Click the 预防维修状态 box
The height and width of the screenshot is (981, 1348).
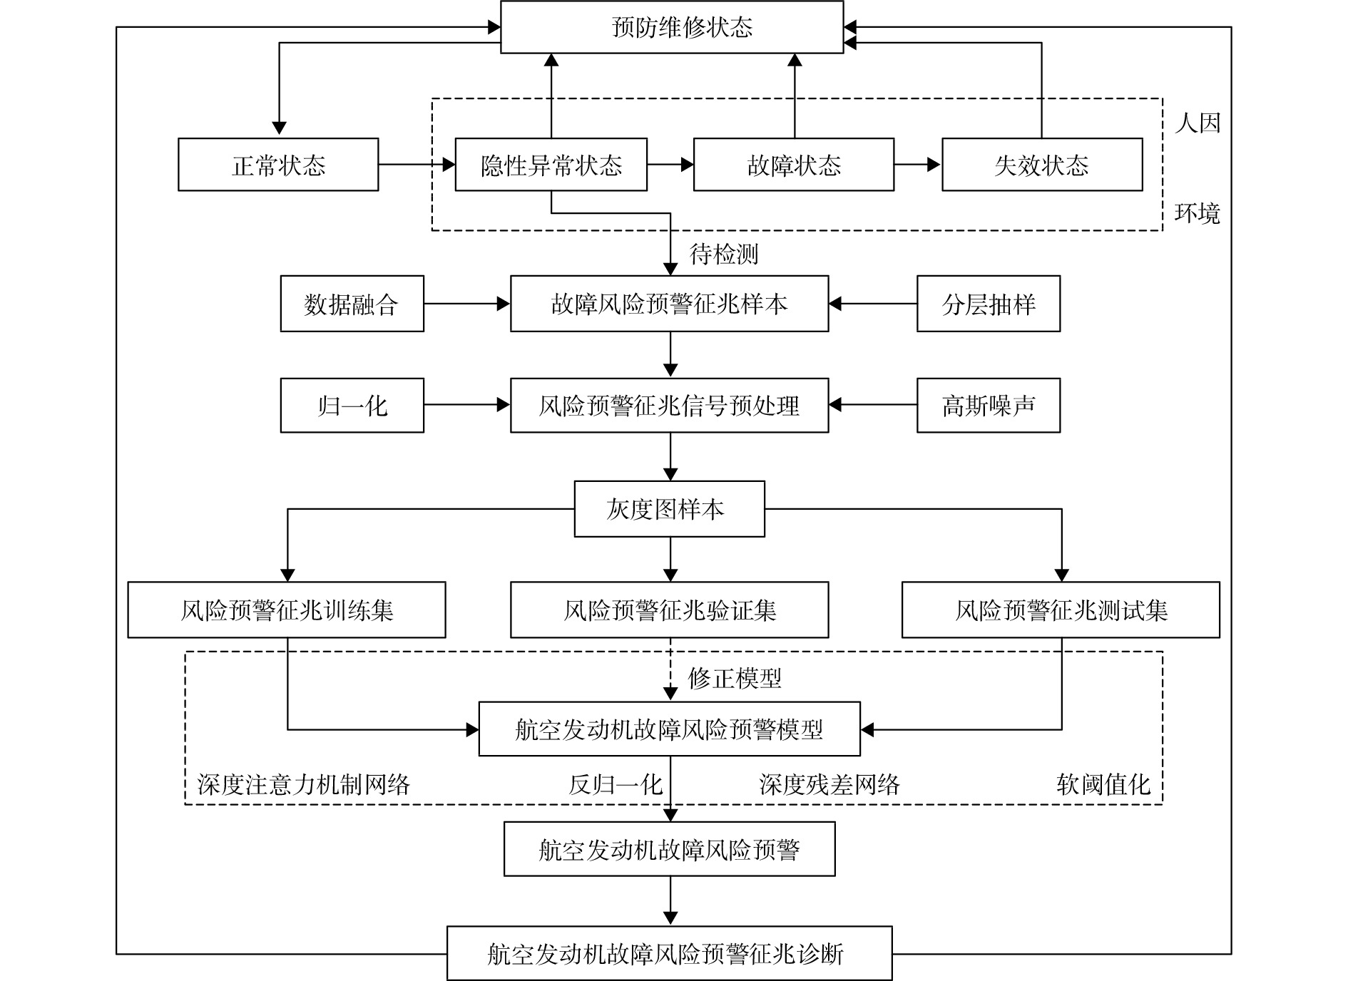672,27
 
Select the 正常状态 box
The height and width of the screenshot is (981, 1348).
278,165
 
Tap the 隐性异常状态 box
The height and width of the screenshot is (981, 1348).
551,165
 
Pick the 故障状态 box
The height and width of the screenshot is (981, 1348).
794,165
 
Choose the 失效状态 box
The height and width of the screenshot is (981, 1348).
1042,165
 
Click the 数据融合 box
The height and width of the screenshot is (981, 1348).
352,304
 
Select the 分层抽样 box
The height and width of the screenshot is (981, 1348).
989,304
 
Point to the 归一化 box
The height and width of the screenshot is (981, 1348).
352,406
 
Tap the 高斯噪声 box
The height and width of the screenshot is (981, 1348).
989,406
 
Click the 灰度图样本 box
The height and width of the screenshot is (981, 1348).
670,509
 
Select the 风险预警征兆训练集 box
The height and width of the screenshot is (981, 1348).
287,610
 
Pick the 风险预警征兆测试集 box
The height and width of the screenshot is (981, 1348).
1061,610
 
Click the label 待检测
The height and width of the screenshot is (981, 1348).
724,254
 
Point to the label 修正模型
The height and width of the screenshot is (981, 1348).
735,678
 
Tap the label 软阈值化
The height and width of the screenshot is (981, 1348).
1103,784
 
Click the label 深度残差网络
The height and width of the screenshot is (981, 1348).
829,784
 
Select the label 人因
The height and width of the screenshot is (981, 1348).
1198,123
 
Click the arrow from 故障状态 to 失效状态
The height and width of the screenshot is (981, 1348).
918,165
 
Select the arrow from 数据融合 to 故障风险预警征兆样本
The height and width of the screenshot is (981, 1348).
467,304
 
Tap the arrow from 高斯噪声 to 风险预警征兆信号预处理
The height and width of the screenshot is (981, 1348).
873,405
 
